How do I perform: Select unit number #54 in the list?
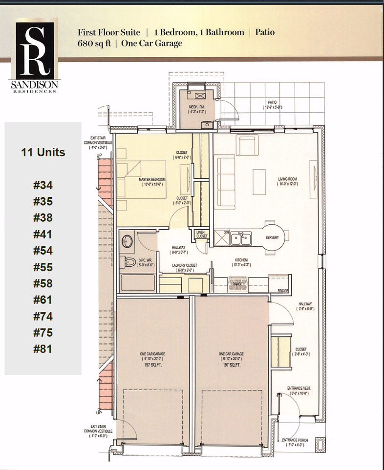click(43, 251)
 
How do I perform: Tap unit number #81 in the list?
click(43, 349)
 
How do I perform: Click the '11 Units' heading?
click(43, 152)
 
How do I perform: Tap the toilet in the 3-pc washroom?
click(129, 261)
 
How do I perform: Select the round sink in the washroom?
click(128, 241)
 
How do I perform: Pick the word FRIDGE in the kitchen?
click(283, 291)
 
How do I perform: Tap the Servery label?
click(272, 238)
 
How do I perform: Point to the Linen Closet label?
click(201, 234)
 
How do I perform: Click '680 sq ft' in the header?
click(94, 43)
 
